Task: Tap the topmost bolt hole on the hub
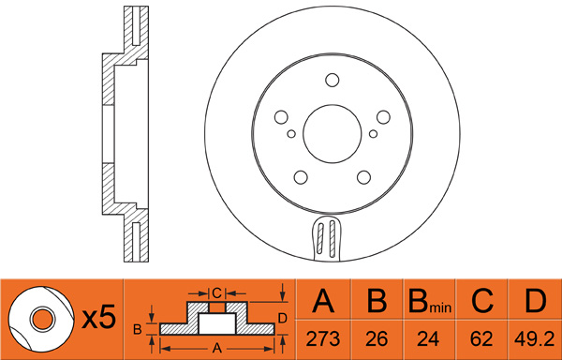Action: coord(333,80)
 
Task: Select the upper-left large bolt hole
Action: coord(281,117)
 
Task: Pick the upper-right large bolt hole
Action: coord(383,117)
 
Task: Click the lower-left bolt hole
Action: coord(301,177)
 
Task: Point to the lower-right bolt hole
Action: coord(363,177)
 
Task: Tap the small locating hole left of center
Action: coord(291,134)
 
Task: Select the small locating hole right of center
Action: coord(373,134)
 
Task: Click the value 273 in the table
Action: coord(323,338)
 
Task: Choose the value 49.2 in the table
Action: coord(535,338)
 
